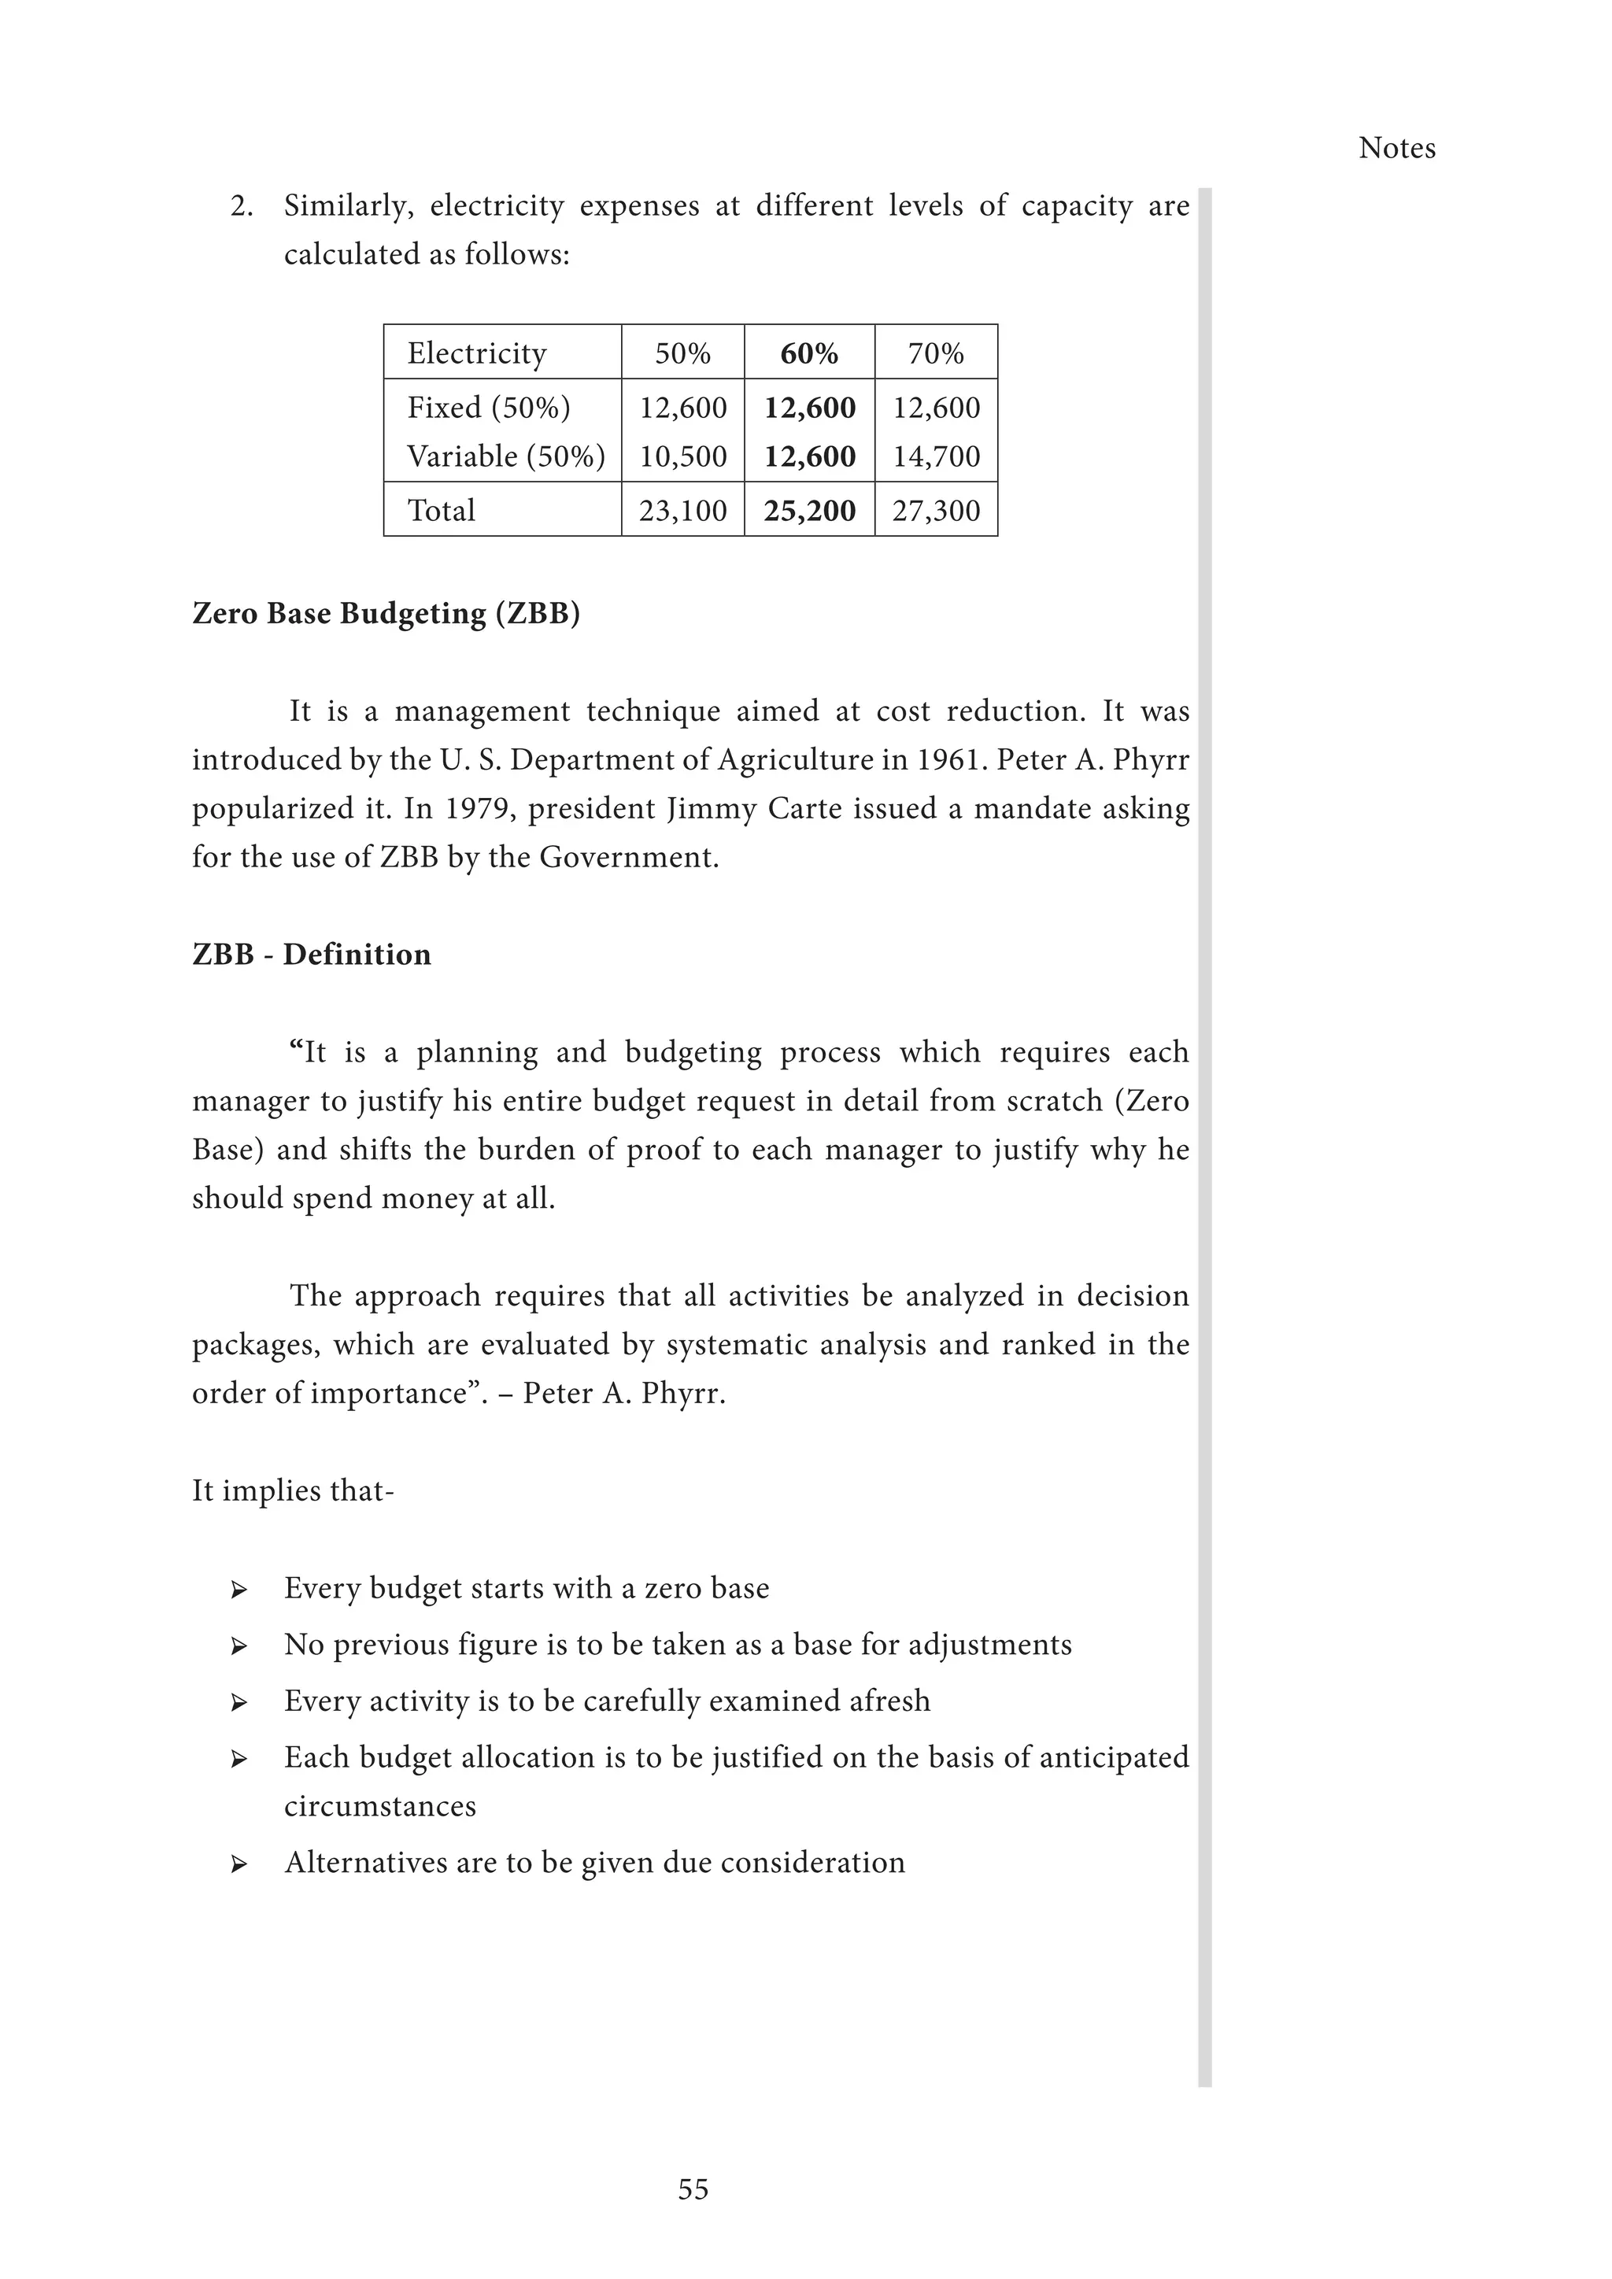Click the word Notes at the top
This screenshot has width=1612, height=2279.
pos(1396,148)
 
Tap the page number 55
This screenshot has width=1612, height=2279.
pos(693,2189)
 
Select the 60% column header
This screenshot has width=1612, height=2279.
pos(809,353)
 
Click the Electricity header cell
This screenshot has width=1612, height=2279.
pos(476,353)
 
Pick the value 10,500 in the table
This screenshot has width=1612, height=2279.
pos(683,456)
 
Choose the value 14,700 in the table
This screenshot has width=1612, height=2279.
pos(936,456)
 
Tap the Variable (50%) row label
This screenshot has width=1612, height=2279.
pos(505,456)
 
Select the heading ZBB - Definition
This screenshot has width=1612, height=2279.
pos(312,955)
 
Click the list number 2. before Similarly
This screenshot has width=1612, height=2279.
pos(241,206)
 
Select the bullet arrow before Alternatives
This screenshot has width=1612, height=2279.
pos(238,1863)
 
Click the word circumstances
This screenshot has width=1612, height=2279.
pos(379,1807)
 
